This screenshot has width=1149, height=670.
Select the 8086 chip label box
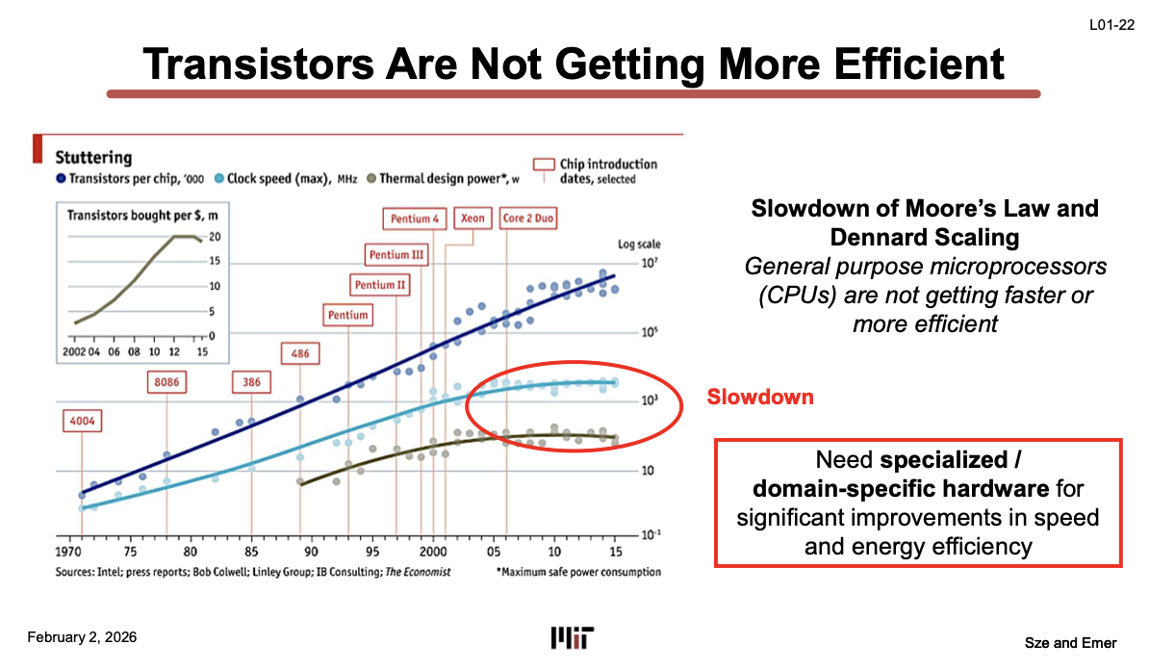166,382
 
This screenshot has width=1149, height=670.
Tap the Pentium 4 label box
415,219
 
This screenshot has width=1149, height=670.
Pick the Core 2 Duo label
529,219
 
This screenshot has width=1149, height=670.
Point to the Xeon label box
472,219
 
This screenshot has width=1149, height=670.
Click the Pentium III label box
396,255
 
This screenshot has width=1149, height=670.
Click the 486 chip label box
300,353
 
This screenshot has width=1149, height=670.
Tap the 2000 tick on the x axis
433,553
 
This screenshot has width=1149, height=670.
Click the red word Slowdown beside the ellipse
760,398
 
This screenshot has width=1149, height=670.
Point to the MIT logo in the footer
573,637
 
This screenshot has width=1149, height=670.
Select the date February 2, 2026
82,637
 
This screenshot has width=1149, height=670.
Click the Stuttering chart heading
93,157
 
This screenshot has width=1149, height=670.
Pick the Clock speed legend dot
218,178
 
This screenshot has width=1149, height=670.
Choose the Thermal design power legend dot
371,178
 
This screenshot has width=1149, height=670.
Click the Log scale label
639,245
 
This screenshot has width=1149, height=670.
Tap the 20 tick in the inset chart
216,237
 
